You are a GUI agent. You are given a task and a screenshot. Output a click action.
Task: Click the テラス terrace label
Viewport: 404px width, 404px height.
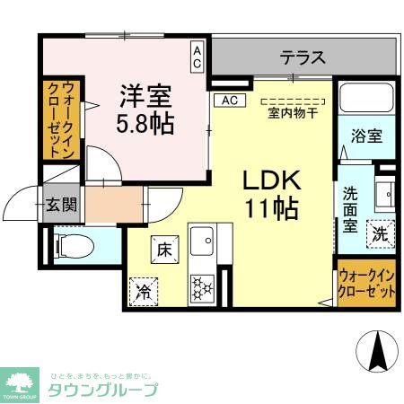303,58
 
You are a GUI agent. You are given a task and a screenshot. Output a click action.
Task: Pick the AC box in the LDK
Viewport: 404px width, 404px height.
228,100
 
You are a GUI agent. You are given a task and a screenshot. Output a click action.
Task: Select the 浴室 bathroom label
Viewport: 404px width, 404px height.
366,136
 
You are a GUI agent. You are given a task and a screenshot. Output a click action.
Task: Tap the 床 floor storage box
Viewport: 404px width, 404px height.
163,246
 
